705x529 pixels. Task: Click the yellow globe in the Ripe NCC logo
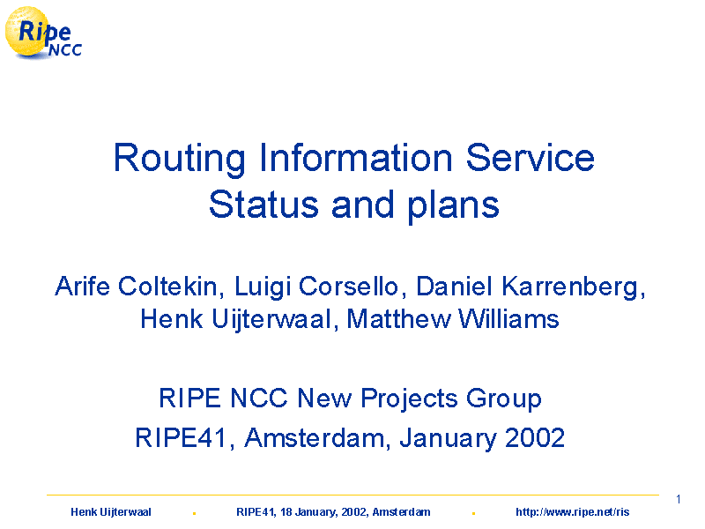point(27,32)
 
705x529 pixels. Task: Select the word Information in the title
point(356,158)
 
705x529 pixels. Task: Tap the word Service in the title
point(531,158)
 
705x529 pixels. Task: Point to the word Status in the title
point(263,205)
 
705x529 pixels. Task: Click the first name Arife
point(82,286)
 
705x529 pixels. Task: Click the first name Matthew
point(398,319)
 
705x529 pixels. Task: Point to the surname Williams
point(508,319)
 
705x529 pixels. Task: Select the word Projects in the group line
point(409,400)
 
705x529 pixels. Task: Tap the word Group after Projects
point(503,400)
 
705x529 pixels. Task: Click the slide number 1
point(678,499)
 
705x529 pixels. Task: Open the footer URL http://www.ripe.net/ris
point(572,512)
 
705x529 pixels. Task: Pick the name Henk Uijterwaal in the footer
point(111,512)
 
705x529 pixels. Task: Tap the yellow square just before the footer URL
point(473,513)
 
